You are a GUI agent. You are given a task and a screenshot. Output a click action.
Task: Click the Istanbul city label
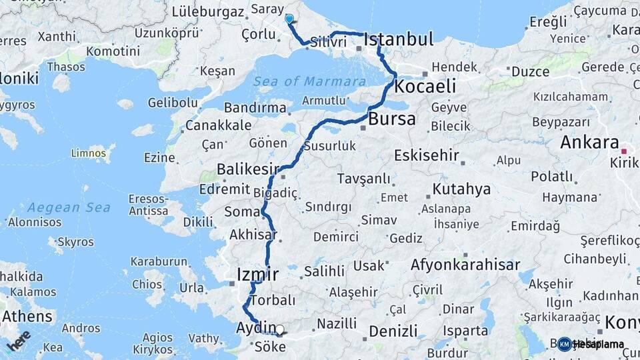pos(399,39)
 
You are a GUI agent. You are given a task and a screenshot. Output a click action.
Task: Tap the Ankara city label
pos(589,142)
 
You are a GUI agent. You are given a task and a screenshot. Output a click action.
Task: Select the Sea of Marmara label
pos(301,81)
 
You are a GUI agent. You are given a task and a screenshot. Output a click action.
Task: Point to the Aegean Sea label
pos(69,207)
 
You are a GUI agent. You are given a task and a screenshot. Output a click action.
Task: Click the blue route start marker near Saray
pos(289,19)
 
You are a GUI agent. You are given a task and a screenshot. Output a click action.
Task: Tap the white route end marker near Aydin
pos(279,329)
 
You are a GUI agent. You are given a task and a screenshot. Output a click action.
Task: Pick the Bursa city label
pos(391,119)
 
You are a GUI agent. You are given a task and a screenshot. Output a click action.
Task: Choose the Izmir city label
pos(257,274)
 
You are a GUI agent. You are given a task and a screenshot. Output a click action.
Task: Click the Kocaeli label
pos(425,86)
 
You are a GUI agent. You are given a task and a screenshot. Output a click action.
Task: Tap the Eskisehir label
pos(427,155)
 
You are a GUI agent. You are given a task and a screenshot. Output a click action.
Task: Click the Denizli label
pos(393,331)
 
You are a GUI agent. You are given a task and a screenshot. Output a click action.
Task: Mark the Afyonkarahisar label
pos(465,265)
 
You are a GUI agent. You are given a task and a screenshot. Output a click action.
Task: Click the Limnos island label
pos(88,153)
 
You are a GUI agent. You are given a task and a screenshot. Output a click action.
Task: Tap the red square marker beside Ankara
pos(625,151)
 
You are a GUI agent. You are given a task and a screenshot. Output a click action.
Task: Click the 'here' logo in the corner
pos(19,340)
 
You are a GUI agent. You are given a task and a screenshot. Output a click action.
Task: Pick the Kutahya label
pos(461,189)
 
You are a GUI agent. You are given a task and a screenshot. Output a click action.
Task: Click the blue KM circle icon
pos(565,344)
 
